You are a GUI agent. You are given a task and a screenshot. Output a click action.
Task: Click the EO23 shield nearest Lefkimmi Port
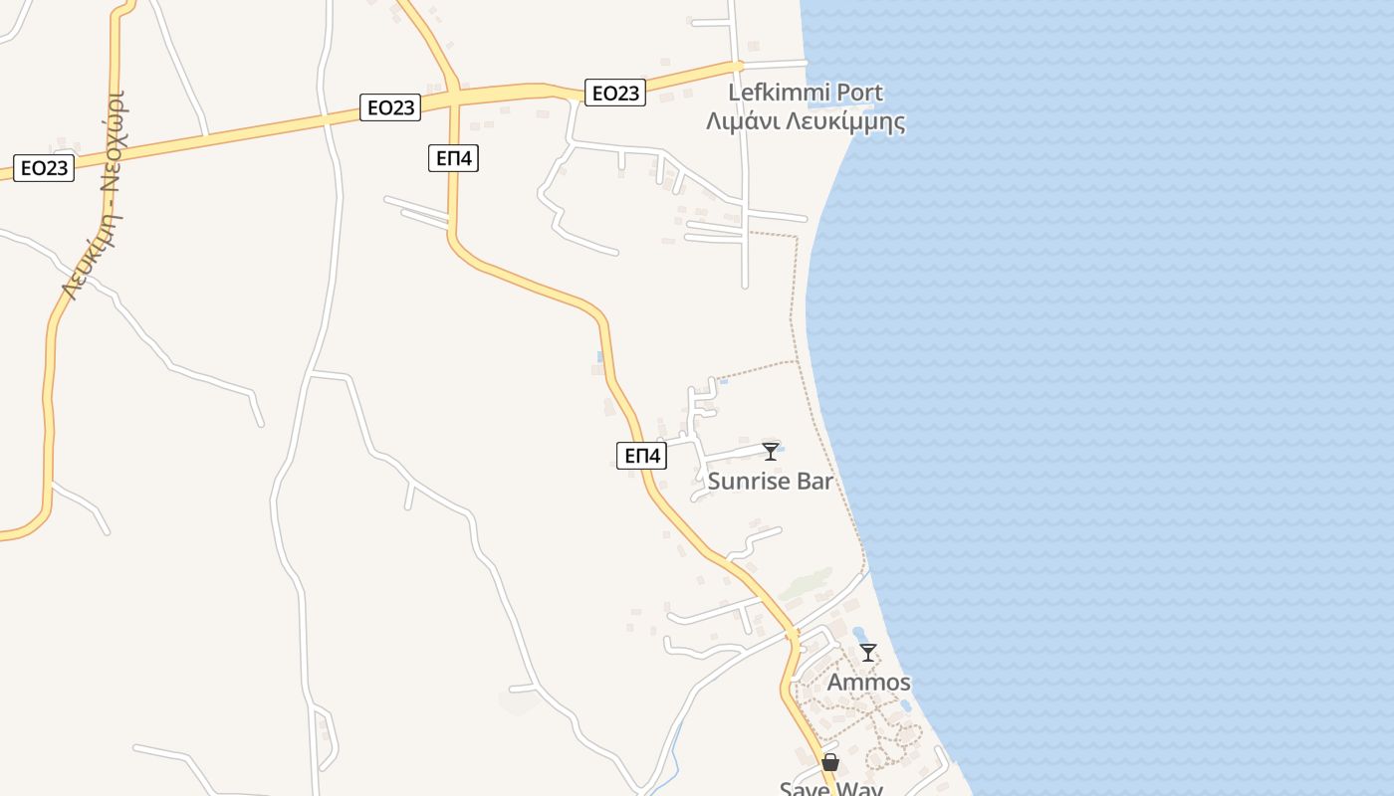[x=614, y=93]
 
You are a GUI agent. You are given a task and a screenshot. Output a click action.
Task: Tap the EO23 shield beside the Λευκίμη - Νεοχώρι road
[x=44, y=167]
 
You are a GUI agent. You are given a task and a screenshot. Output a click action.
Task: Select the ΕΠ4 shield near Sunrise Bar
[x=641, y=456]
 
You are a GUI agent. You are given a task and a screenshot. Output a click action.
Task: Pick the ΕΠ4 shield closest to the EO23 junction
[x=453, y=157]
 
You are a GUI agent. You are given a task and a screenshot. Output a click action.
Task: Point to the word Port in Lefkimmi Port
[x=859, y=93]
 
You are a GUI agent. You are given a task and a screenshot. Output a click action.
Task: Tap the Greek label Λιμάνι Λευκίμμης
[x=805, y=122]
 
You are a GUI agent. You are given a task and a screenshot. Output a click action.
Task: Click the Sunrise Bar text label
[x=770, y=482]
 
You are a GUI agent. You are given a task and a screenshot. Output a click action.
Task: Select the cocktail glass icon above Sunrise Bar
[x=770, y=452]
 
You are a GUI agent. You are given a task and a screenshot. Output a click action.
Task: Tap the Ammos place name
[x=868, y=683]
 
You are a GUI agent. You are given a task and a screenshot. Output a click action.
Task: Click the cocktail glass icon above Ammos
[x=868, y=653]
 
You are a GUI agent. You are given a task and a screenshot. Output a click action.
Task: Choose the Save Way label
[x=830, y=788]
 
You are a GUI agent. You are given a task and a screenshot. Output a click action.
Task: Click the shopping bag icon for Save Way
[x=830, y=763]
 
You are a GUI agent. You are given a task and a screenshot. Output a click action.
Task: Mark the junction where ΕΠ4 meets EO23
[x=453, y=96]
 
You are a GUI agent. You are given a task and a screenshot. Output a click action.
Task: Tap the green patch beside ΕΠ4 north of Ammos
[x=807, y=585]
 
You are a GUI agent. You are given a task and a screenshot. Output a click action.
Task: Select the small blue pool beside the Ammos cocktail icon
[x=857, y=634]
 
